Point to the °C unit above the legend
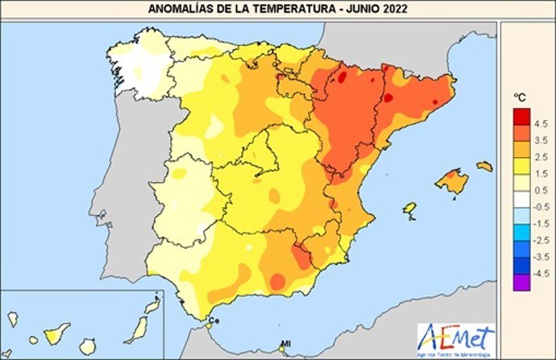[x=521, y=97]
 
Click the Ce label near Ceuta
[x=214, y=321]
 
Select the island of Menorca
[x=484, y=166]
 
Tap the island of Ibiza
[x=409, y=211]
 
